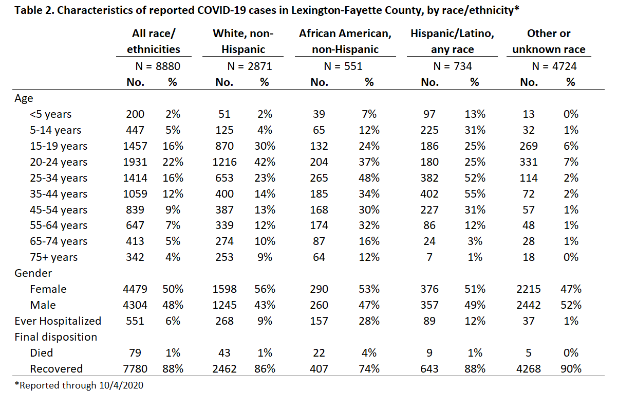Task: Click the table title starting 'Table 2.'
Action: click(x=267, y=10)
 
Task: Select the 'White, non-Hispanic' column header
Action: click(x=243, y=41)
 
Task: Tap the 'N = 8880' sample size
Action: click(x=158, y=66)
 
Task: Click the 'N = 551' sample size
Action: click(x=343, y=66)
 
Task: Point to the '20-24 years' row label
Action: click(x=59, y=162)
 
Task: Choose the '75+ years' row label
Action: click(x=53, y=257)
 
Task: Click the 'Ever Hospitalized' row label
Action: click(x=58, y=321)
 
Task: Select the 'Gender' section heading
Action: click(x=33, y=273)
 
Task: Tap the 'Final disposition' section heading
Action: click(x=55, y=337)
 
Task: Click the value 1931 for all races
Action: click(x=135, y=162)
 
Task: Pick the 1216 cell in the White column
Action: click(x=224, y=162)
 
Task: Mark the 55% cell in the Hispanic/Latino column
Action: click(x=475, y=194)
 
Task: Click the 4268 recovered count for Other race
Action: click(x=528, y=369)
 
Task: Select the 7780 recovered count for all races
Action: click(x=135, y=369)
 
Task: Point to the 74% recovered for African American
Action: click(x=369, y=369)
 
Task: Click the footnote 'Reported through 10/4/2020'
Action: click(x=79, y=385)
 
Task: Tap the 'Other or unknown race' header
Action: click(x=549, y=41)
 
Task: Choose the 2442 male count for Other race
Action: click(x=528, y=305)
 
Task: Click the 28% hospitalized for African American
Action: click(x=369, y=321)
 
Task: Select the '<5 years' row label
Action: click(x=50, y=114)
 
